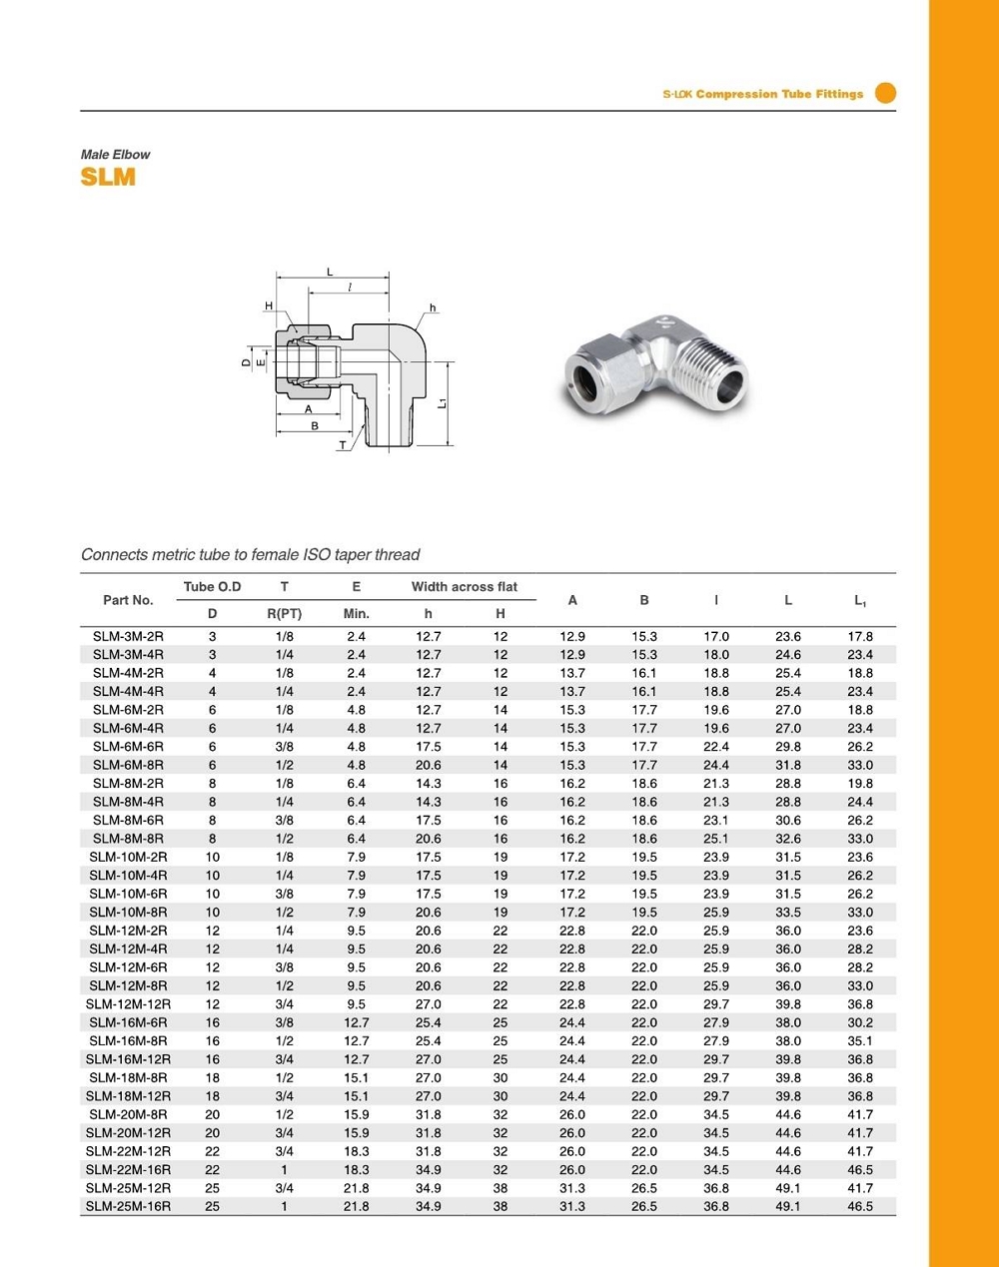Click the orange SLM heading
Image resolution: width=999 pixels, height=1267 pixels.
108,178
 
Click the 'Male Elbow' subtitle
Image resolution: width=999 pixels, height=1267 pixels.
115,155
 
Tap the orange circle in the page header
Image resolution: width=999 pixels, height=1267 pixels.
885,93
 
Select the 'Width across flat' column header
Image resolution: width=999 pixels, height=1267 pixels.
465,587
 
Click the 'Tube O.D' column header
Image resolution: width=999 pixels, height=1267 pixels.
212,587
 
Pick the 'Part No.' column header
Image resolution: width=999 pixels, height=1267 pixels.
128,600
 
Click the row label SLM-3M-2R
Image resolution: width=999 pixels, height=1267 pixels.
128,636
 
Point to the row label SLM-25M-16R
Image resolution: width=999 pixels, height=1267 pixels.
128,1206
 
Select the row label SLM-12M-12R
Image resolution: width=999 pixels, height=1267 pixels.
128,1004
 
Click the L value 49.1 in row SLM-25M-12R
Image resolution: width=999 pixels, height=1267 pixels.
788,1188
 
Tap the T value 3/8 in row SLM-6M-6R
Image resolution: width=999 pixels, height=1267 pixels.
285,747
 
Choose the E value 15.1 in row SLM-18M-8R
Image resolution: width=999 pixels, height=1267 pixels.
357,1078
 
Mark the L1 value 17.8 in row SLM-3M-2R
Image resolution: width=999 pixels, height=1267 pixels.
860,636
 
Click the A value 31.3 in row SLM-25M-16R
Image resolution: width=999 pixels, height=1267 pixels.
572,1206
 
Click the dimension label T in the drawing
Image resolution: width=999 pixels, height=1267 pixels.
343,445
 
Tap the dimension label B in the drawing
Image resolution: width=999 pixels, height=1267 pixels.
315,426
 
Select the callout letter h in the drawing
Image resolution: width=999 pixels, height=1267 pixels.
433,308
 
